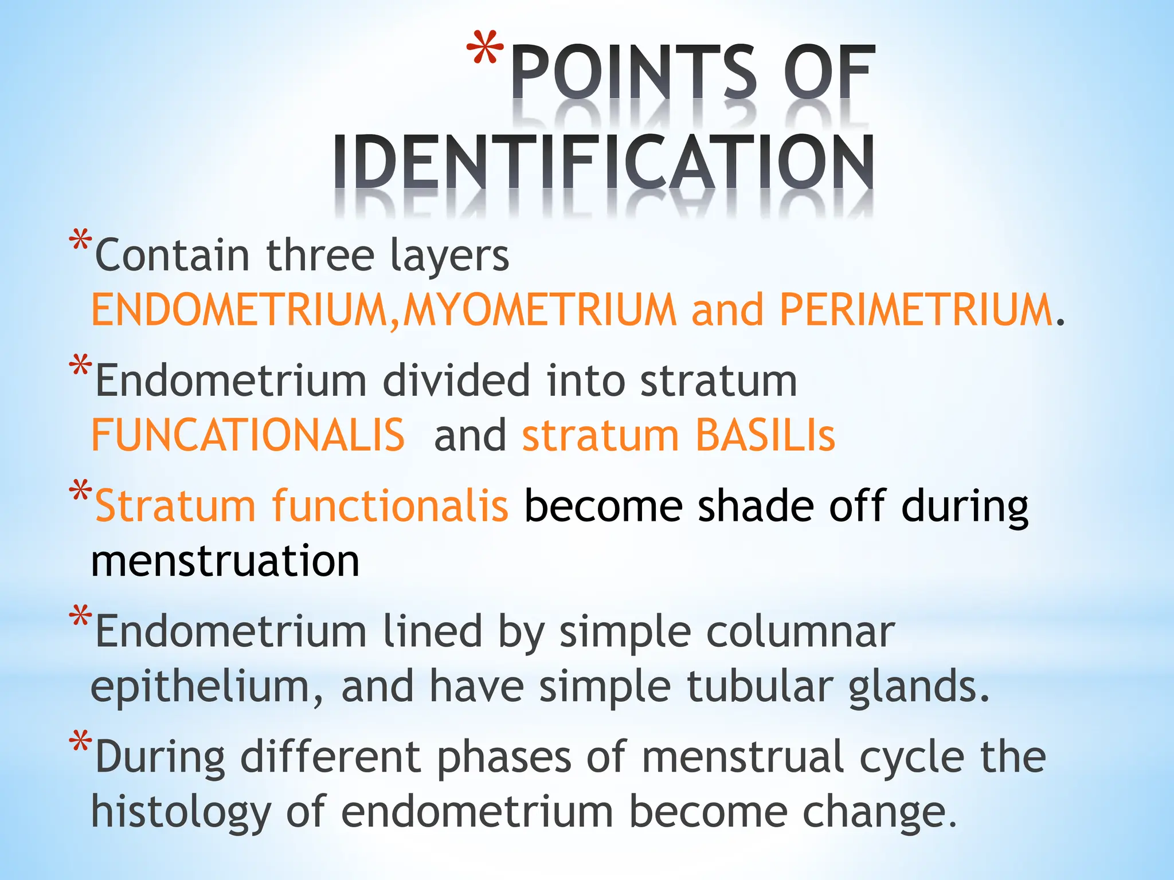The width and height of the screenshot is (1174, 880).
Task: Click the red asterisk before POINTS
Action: [x=486, y=49]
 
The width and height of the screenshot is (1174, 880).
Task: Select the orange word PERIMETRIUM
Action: [x=915, y=310]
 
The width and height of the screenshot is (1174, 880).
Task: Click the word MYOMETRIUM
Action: [x=540, y=310]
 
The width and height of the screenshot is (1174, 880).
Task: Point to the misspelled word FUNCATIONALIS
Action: [x=248, y=435]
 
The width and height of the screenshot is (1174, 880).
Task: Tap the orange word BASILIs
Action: [x=765, y=435]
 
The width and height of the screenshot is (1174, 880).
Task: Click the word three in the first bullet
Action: [x=320, y=256]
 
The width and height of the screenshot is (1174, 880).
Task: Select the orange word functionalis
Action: [x=390, y=506]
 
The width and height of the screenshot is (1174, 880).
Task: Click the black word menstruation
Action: [x=225, y=561]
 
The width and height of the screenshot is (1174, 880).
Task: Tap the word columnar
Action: [x=800, y=631]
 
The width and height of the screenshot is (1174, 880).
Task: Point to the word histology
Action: [x=181, y=812]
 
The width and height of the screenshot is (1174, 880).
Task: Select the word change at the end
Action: [x=879, y=812]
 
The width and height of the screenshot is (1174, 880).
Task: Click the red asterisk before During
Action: [x=80, y=741]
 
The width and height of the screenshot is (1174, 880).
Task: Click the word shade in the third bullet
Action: [x=756, y=506]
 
